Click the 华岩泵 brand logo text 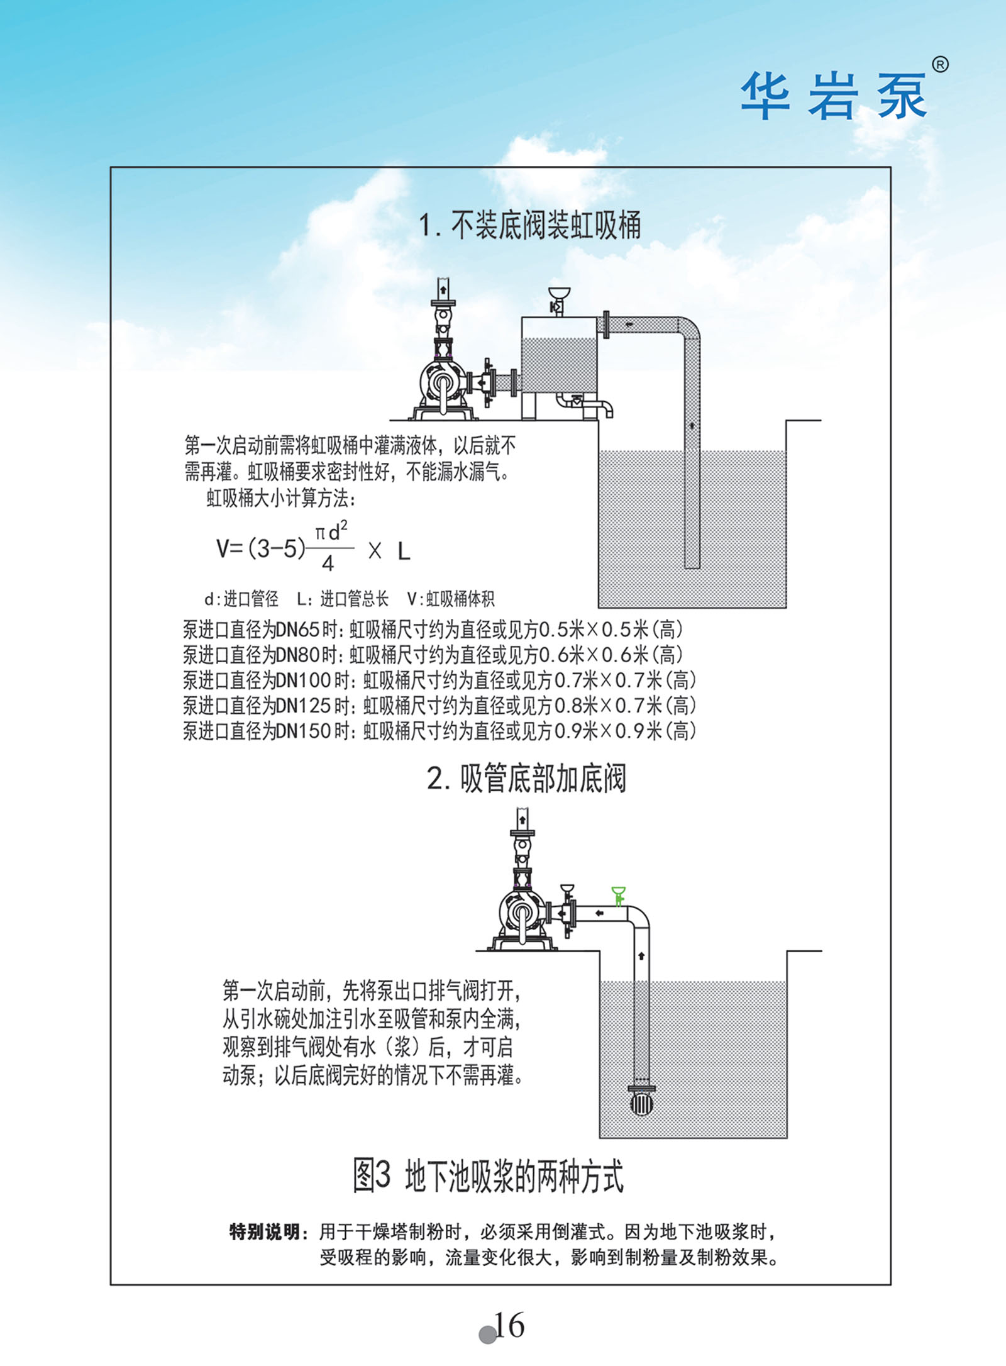[x=834, y=96]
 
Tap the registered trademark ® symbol [x=939, y=64]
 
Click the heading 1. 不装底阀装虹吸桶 [x=530, y=225]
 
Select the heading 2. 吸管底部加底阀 [x=526, y=779]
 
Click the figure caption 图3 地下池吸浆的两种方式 [x=488, y=1176]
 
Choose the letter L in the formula [x=404, y=552]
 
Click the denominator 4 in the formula [x=328, y=564]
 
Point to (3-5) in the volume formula [x=277, y=549]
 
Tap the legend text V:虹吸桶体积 [x=451, y=599]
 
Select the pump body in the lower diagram [x=522, y=914]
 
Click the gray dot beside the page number [x=487, y=1335]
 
